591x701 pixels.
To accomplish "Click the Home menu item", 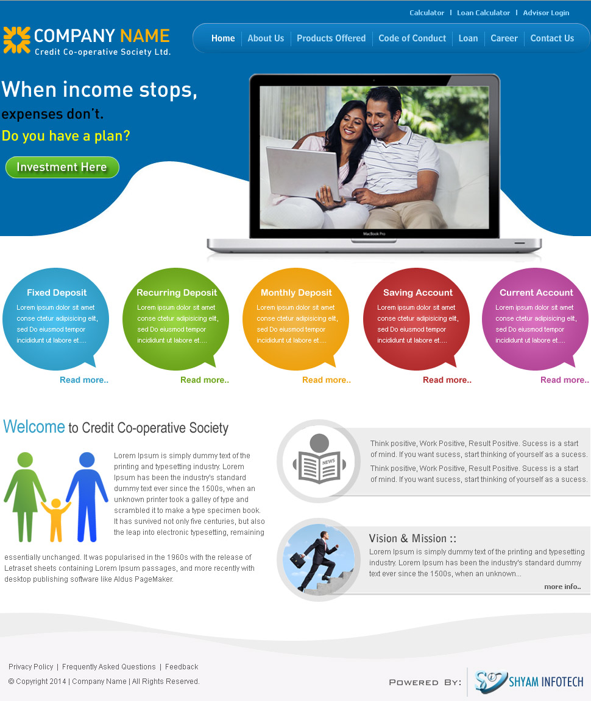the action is [223, 38].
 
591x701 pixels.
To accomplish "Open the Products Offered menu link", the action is [331, 38].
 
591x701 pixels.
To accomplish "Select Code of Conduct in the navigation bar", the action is [412, 38].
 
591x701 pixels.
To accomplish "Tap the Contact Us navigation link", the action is [552, 38].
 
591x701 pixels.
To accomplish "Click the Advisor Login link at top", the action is [547, 13].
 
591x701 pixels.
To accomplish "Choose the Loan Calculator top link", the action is [484, 13].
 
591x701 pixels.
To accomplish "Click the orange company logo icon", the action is [17, 40].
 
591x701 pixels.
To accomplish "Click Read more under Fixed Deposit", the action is [84, 380].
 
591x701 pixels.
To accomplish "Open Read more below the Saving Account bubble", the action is [447, 380].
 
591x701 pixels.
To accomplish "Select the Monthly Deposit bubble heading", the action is [296, 293].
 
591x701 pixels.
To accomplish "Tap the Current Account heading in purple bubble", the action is [536, 293].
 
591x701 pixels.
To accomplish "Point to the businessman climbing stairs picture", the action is [318, 559].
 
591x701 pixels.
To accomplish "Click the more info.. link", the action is [563, 587].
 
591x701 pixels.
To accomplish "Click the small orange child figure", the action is [56, 520].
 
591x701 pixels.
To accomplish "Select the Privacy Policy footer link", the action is [31, 667].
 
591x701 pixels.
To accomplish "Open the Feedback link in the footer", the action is [182, 667].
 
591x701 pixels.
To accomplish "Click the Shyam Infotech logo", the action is [529, 682].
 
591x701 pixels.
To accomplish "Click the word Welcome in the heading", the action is [34, 427].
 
